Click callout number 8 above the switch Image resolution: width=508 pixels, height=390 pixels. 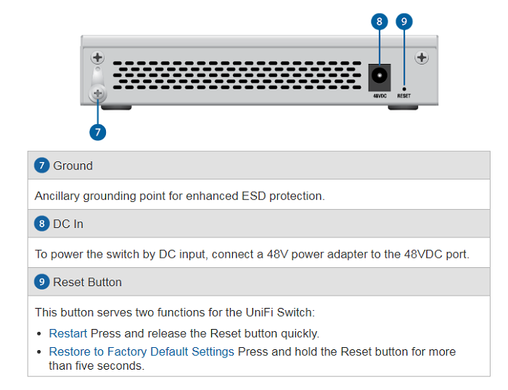pyautogui.click(x=380, y=21)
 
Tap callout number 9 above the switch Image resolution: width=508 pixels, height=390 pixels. pyautogui.click(x=404, y=21)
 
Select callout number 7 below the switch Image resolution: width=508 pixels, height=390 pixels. pyautogui.click(x=97, y=132)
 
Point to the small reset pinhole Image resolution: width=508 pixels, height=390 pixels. pyautogui.click(x=404, y=89)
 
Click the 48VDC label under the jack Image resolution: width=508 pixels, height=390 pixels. pyautogui.click(x=380, y=96)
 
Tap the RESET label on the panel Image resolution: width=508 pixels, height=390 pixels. pyautogui.click(x=404, y=96)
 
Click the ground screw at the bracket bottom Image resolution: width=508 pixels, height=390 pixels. pyautogui.click(x=97, y=94)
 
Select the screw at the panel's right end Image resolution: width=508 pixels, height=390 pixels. pyautogui.click(x=422, y=57)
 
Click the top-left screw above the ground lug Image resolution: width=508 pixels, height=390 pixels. pyautogui.click(x=97, y=57)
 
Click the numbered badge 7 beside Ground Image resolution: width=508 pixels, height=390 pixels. pyautogui.click(x=42, y=166)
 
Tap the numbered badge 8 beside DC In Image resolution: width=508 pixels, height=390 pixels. pyautogui.click(x=42, y=224)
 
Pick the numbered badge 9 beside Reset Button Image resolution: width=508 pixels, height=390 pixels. pyautogui.click(x=42, y=281)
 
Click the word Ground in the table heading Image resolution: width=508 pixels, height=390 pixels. pyautogui.click(x=73, y=166)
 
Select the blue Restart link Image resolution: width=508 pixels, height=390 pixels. pyautogui.click(x=68, y=333)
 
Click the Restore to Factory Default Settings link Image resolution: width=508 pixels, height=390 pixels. pyautogui.click(x=142, y=352)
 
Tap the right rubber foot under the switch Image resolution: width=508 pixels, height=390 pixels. pyautogui.click(x=403, y=107)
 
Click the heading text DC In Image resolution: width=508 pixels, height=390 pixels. pyautogui.click(x=68, y=224)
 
